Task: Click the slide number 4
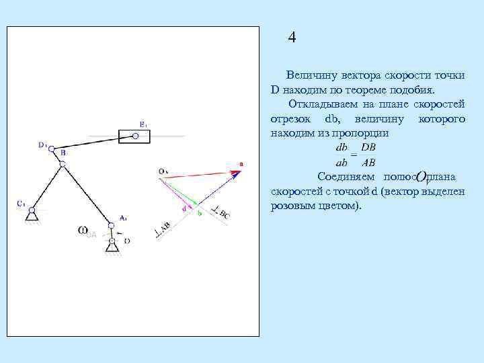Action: coord(292,37)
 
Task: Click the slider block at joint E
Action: coord(134,136)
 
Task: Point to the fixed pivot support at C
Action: coord(30,214)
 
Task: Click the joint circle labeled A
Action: coord(112,227)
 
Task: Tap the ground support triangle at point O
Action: coord(112,249)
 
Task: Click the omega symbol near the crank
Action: coord(83,231)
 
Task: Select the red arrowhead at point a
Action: coord(236,173)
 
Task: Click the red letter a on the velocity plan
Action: coord(241,163)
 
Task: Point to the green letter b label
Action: coord(199,213)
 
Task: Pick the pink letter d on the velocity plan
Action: coord(185,208)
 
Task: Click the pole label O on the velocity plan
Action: coord(163,171)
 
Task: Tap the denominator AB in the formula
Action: coord(369,162)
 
